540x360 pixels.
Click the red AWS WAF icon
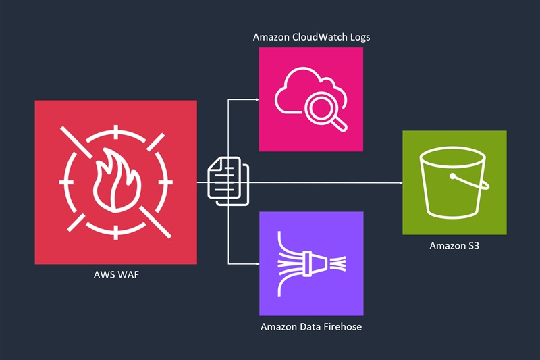pos(115,182)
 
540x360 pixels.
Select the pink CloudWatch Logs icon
pos(311,99)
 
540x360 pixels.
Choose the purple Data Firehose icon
pos(311,263)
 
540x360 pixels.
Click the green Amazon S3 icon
pos(454,182)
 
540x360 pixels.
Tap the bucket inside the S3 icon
pos(453,184)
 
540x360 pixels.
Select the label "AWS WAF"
pos(115,276)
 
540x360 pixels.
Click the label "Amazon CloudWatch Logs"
pos(311,37)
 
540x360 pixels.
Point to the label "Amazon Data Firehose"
pos(311,327)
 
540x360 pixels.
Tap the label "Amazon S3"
pos(454,245)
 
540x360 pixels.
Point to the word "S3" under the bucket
pos(471,245)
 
